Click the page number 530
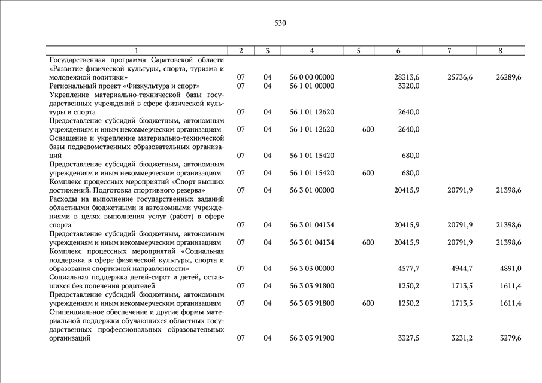click(x=280, y=23)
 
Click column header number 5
click(x=358, y=51)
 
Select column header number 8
click(x=500, y=51)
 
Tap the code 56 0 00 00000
click(x=311, y=77)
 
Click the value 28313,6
click(x=407, y=77)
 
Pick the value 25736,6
click(x=460, y=77)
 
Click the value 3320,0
click(x=408, y=86)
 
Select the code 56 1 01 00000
click(x=311, y=86)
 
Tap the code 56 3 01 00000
click(x=311, y=190)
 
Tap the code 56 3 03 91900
click(x=311, y=338)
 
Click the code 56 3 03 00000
click(x=311, y=269)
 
